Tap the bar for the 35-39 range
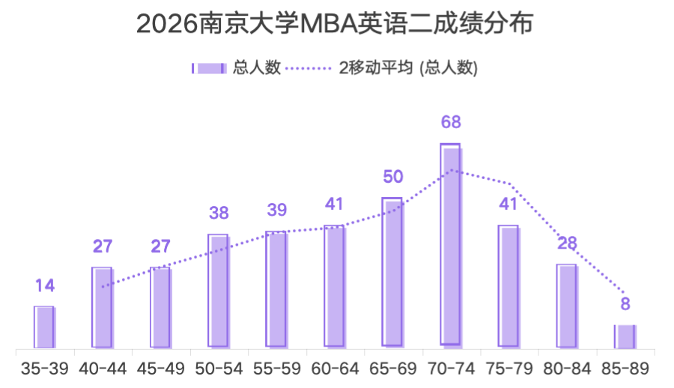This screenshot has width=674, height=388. [44, 327]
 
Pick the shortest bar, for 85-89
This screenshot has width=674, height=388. [625, 336]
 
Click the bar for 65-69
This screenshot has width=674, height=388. [392, 273]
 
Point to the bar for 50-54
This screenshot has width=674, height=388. [219, 291]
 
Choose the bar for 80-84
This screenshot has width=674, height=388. [567, 306]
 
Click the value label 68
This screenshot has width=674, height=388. [451, 122]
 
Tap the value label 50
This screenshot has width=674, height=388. [392, 177]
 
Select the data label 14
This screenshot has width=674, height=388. [44, 285]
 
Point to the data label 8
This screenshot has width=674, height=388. [625, 305]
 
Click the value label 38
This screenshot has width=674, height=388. [219, 213]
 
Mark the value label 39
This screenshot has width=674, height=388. [276, 210]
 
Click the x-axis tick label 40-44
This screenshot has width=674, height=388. [102, 369]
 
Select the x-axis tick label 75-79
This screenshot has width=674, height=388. [508, 369]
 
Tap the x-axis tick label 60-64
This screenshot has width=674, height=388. [335, 369]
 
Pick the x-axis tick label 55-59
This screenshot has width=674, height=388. [276, 369]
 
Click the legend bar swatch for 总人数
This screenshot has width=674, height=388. [209, 68]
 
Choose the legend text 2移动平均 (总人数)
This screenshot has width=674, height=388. [408, 68]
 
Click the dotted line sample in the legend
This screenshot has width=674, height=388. [309, 68]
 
